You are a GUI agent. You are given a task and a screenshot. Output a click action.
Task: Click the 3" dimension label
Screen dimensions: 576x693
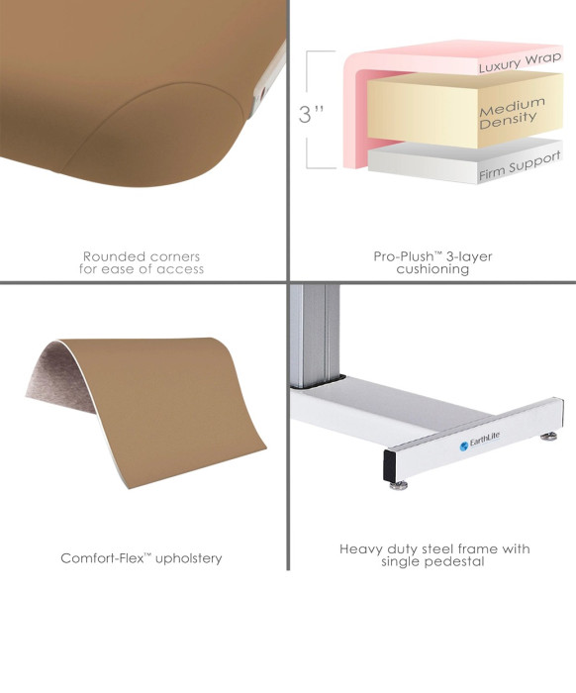point(311,114)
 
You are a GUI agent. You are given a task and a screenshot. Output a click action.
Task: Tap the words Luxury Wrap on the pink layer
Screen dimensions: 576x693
point(520,61)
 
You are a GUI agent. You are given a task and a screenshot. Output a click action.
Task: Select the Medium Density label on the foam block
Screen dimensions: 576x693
point(512,112)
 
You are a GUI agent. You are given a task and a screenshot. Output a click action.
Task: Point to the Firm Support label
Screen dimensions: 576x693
point(520,165)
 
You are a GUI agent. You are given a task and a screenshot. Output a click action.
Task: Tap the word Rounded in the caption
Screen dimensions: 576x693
point(113,256)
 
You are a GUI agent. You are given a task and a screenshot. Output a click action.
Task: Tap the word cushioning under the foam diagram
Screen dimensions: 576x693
point(432,268)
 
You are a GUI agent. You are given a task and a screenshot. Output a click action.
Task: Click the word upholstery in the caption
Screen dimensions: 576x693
point(189,558)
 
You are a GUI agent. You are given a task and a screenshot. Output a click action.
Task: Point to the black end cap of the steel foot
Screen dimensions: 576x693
point(389,466)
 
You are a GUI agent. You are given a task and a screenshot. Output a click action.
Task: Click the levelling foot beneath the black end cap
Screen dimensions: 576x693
point(399,486)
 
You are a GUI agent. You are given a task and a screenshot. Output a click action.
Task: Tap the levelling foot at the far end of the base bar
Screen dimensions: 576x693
point(550,437)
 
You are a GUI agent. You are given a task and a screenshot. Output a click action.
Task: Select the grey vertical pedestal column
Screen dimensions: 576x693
point(315,336)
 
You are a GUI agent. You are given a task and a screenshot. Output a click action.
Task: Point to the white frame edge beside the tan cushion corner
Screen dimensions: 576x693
point(267,80)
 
